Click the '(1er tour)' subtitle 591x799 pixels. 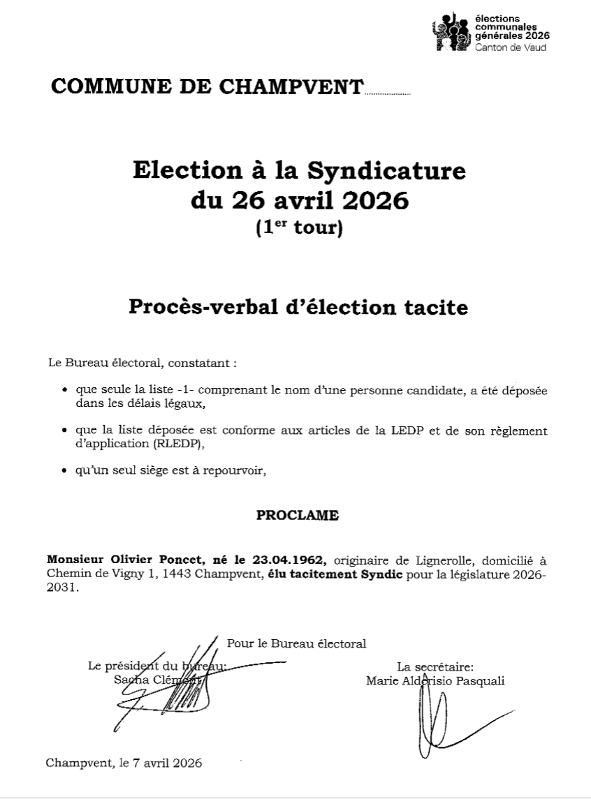(x=299, y=228)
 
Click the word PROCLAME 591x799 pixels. (x=298, y=516)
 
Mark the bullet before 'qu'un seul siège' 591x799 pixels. (x=65, y=471)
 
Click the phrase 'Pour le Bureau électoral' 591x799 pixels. (x=297, y=643)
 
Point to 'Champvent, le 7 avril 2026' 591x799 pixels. (x=124, y=763)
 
